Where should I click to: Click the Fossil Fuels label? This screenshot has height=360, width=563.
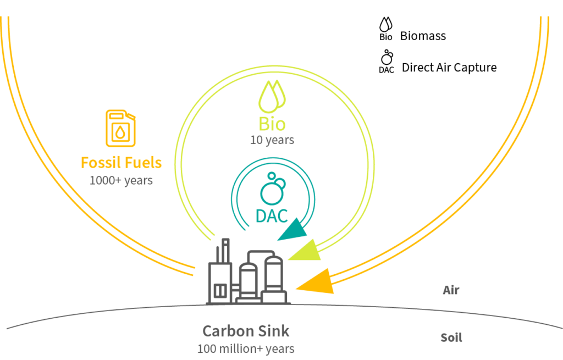click(x=122, y=163)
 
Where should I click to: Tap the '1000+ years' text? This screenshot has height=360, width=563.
click(x=122, y=180)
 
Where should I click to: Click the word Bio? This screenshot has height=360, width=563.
click(x=272, y=124)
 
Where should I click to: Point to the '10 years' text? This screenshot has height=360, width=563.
click(x=272, y=140)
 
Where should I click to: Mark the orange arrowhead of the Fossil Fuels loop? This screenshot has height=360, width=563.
click(x=316, y=281)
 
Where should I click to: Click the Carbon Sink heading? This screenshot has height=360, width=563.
click(x=246, y=331)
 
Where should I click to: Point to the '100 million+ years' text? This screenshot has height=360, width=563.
click(x=246, y=348)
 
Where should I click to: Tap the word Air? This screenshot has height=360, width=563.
click(x=450, y=290)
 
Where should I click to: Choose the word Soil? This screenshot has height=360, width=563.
click(x=451, y=337)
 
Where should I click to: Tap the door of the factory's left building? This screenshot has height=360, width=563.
click(x=220, y=291)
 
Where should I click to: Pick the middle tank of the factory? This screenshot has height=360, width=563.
click(x=248, y=280)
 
